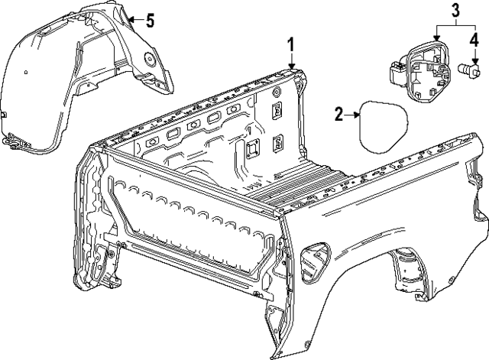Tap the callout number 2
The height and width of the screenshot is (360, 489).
point(340,115)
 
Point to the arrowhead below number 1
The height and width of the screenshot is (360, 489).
point(291,66)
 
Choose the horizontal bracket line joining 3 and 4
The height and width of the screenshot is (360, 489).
point(455,26)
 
